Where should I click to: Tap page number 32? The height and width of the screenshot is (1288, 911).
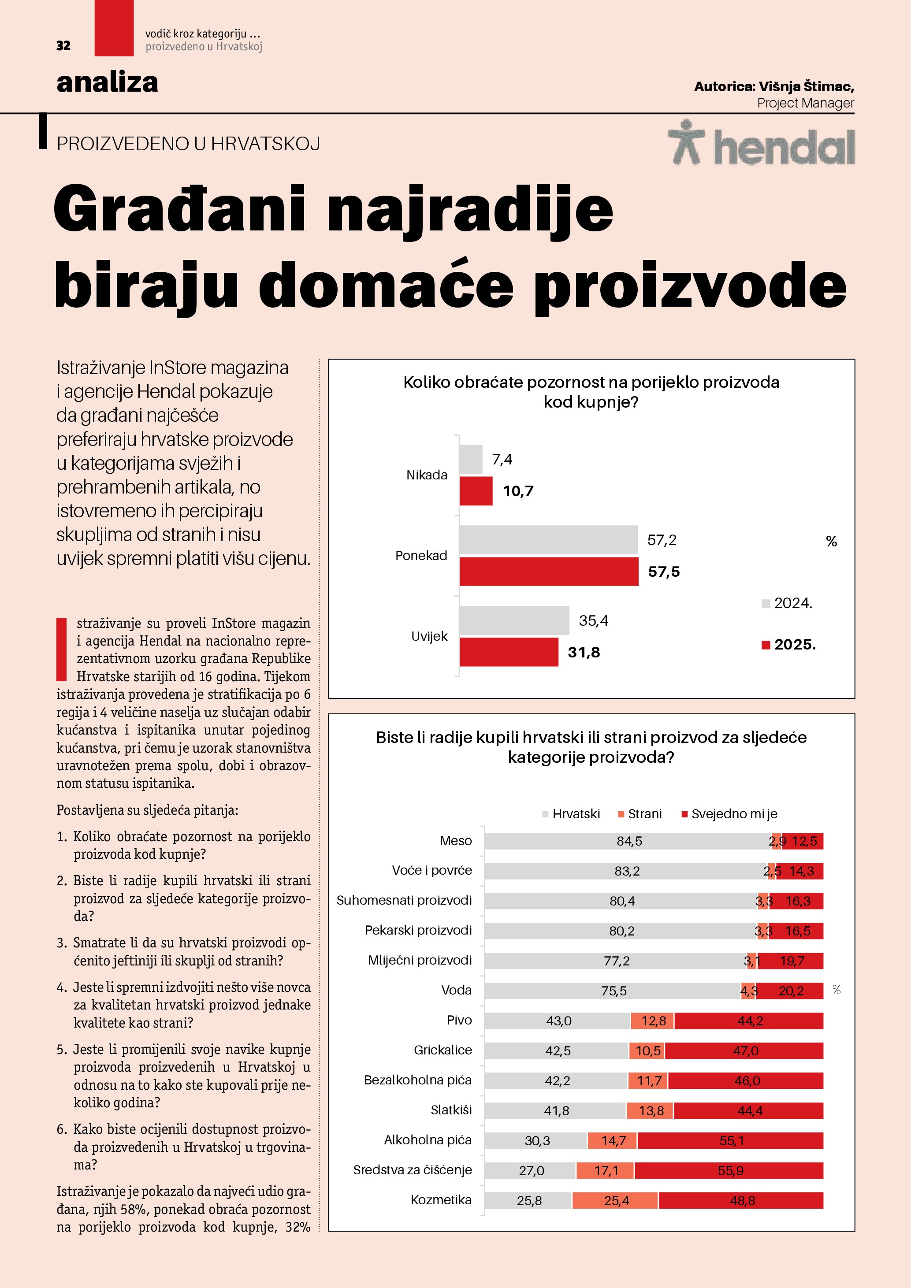[x=63, y=45]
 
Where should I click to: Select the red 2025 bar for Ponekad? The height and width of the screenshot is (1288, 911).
[x=549, y=571]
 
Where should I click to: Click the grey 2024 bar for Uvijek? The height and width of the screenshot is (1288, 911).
[x=514, y=620]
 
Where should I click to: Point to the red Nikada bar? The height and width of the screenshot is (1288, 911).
[x=476, y=491]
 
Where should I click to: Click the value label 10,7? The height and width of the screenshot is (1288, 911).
[x=518, y=491]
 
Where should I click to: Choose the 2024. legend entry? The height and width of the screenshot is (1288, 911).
[x=787, y=603]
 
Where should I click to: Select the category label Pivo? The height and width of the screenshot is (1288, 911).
[x=459, y=1020]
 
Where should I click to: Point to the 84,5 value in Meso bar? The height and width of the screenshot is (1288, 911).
[x=629, y=841]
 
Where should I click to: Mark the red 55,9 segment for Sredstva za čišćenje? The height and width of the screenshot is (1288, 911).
[x=729, y=1171]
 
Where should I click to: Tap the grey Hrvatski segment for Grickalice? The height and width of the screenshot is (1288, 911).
[x=557, y=1050]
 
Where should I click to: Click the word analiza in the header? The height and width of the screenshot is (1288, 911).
[x=107, y=82]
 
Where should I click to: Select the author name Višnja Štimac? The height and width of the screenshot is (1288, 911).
[x=806, y=86]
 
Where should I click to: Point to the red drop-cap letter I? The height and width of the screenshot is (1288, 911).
[x=62, y=649]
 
